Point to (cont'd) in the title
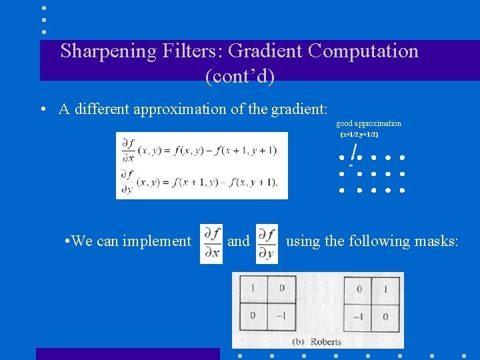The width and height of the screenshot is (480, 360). tap(240, 77)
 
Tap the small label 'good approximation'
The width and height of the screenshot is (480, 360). tap(369, 123)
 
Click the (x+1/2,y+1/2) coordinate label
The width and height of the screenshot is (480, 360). tap(359, 135)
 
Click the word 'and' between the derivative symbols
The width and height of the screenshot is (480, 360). tap(239, 241)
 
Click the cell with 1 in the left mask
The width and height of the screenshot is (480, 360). tap(252, 289)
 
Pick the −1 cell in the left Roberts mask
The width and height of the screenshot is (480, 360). tap(281, 315)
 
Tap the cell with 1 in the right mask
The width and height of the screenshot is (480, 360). tap(386, 289)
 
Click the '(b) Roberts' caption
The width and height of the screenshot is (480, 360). tap(317, 341)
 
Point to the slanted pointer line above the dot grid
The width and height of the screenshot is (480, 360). tap(354, 151)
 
